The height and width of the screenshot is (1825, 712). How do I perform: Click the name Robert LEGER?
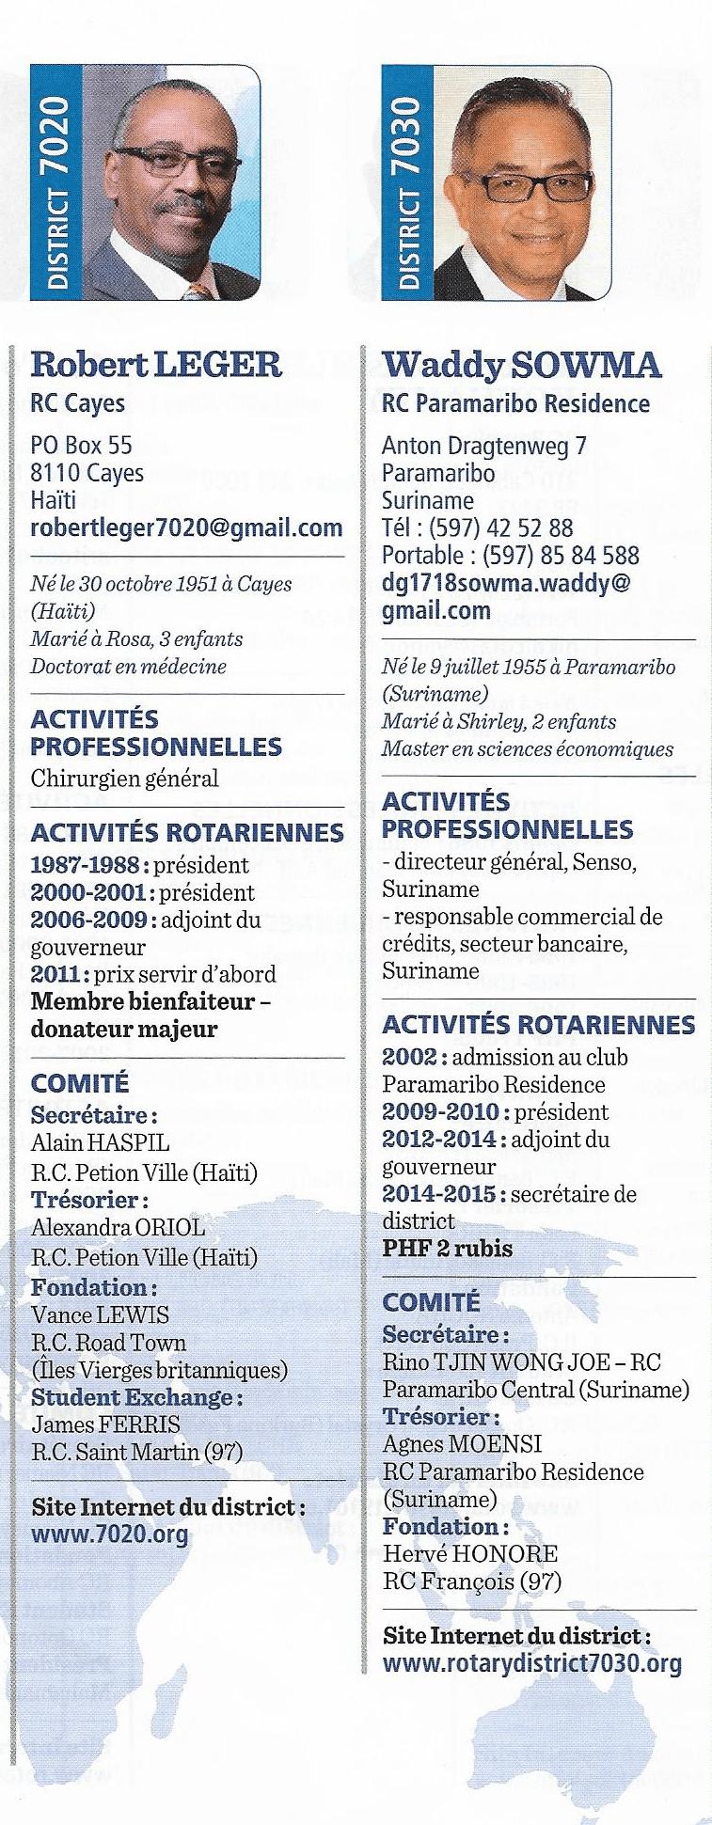(156, 364)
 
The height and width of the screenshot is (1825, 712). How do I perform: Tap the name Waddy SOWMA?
(521, 364)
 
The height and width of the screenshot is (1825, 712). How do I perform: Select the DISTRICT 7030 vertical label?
(409, 182)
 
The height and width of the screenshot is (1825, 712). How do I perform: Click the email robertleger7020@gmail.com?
(186, 527)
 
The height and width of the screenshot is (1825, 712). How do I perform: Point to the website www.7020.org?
(109, 1535)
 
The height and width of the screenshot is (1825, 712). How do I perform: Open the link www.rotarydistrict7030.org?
(531, 1662)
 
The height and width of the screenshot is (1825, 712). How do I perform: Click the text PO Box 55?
(81, 445)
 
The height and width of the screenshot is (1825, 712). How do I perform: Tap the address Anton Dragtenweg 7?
(484, 445)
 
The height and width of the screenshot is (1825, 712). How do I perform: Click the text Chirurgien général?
(124, 779)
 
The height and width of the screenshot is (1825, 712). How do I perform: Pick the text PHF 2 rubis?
(447, 1249)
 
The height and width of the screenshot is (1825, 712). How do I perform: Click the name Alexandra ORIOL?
(118, 1227)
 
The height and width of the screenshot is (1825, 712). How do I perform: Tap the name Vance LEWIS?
(100, 1314)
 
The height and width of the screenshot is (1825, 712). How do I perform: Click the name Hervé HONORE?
(469, 1553)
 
